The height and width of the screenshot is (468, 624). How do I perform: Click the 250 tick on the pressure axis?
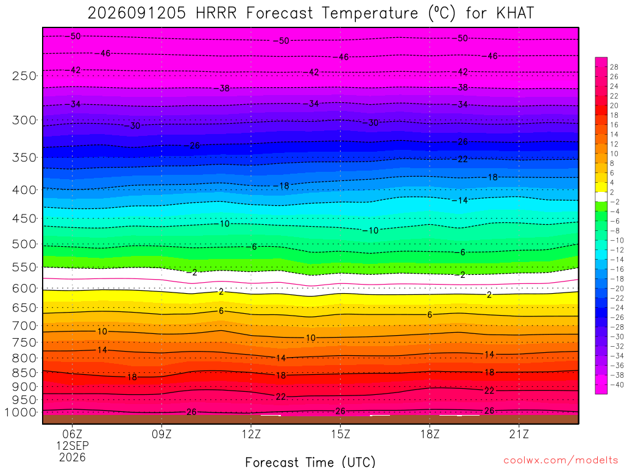click(24, 76)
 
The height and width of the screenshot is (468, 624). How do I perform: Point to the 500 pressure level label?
click(24, 244)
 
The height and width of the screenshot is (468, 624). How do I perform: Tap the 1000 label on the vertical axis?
click(21, 413)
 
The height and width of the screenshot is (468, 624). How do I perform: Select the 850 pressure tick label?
click(24, 373)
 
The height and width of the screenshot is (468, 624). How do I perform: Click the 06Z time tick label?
click(72, 434)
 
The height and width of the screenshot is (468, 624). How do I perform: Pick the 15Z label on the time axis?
click(340, 434)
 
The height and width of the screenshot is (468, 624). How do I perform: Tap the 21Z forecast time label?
click(519, 434)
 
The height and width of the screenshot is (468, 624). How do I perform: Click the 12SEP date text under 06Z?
click(72, 445)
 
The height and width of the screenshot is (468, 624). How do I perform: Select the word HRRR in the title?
click(216, 13)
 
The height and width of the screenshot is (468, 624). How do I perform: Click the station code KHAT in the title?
click(515, 13)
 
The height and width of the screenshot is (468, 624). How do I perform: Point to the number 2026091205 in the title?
click(136, 13)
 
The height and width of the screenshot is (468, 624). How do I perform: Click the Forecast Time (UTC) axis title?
click(310, 462)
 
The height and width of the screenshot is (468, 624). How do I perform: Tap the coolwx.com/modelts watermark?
click(561, 461)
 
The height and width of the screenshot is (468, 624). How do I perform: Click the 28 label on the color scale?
click(614, 67)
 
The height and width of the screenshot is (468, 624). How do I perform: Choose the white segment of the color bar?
click(601, 197)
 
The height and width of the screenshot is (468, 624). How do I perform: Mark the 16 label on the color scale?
click(614, 124)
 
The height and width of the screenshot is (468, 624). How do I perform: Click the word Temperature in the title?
click(370, 13)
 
